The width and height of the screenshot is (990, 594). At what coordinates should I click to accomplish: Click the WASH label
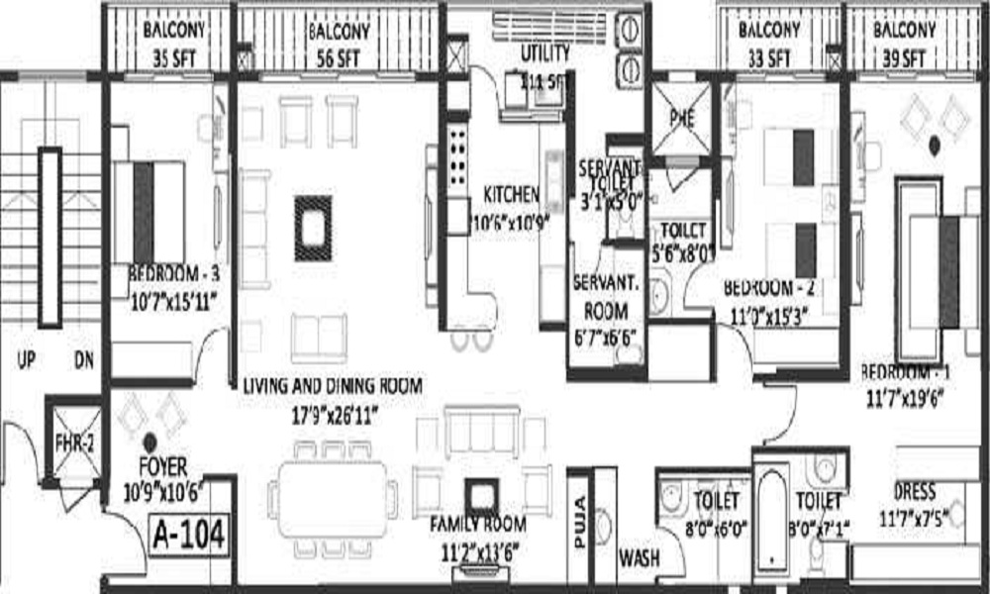coord(639,558)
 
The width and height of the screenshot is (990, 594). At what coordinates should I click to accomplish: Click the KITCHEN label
coord(511,193)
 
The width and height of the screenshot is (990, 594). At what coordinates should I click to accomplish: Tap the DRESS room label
coord(916,491)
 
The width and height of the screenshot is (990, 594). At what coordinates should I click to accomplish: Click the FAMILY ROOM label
coord(477,525)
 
